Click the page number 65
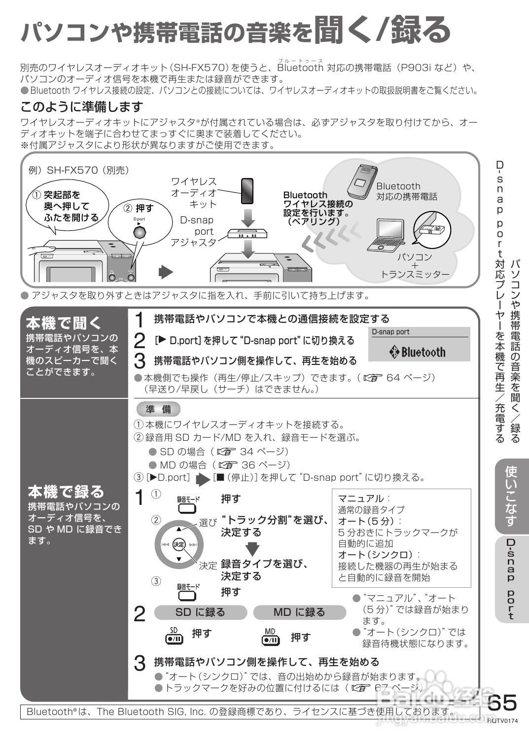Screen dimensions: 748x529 click(x=502, y=703)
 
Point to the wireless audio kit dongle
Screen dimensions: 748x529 click(x=247, y=191)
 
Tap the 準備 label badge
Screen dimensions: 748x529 click(x=158, y=409)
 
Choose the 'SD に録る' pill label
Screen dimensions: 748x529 click(x=200, y=612)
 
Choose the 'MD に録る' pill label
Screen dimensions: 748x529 click(x=299, y=612)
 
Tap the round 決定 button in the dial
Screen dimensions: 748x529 click(x=178, y=544)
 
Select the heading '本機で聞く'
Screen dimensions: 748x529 click(x=64, y=323)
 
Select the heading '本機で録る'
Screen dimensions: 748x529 click(x=66, y=492)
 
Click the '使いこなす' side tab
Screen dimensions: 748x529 click(x=511, y=496)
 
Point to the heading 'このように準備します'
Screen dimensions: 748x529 click(x=82, y=107)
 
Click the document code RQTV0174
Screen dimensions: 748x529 click(x=503, y=721)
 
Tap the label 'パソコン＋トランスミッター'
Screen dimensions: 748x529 click(x=415, y=265)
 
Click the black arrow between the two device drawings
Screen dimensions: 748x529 click(x=167, y=272)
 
